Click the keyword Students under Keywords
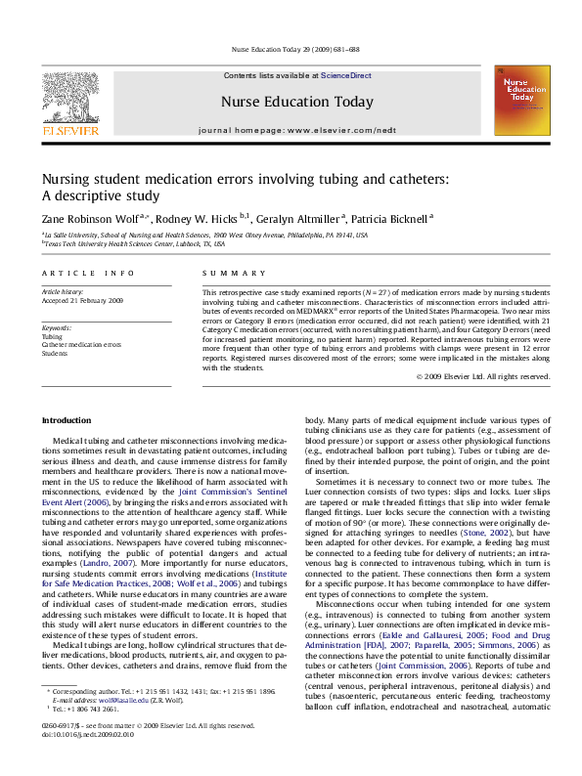tap(55, 353)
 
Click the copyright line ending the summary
tap(482, 375)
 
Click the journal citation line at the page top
tap(291, 49)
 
